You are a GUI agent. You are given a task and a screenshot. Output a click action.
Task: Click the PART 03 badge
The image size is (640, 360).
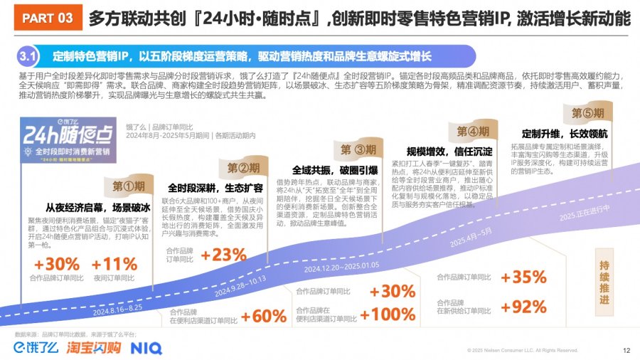click(47, 19)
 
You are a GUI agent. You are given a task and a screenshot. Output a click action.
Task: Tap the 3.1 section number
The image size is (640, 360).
click(29, 55)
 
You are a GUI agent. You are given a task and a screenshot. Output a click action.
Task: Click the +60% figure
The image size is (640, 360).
click(264, 316)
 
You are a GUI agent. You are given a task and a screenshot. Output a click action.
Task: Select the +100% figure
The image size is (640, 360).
click(388, 314)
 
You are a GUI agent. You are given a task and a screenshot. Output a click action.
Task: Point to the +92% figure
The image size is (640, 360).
click(523, 307)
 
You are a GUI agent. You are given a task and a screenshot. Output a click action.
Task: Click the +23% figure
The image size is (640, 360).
click(223, 255)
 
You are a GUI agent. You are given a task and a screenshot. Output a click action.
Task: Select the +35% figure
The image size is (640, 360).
click(523, 277)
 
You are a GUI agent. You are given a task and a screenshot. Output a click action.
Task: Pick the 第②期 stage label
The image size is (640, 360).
click(244, 168)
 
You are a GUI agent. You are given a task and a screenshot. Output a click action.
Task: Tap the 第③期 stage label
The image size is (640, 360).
click(358, 149)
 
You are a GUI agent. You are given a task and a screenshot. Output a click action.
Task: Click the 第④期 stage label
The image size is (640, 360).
click(473, 131)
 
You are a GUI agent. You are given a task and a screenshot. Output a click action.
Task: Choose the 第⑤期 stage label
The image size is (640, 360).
click(588, 112)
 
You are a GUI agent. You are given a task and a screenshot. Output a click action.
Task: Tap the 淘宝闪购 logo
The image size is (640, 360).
click(94, 348)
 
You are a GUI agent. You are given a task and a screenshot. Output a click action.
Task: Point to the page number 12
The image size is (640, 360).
click(626, 350)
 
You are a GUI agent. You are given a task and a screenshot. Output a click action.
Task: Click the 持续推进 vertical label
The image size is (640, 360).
click(604, 281)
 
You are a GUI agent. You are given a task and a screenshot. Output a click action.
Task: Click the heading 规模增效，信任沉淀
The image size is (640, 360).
click(449, 152)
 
